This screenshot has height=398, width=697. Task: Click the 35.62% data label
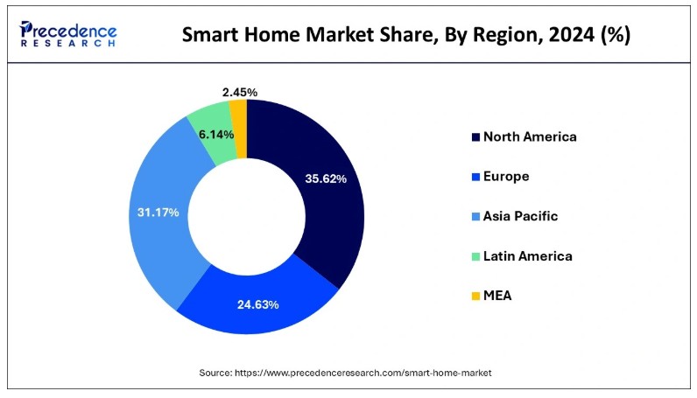[x=324, y=178]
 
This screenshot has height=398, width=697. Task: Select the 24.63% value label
[x=257, y=304]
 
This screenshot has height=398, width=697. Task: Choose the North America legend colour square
[x=475, y=136]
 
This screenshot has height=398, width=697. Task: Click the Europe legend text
[x=506, y=176]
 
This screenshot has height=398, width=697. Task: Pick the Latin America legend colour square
[x=475, y=256]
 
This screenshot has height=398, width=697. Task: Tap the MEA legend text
[x=497, y=296]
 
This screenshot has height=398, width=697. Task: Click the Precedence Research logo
[x=68, y=35]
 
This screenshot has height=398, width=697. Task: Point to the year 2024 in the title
[x=574, y=36]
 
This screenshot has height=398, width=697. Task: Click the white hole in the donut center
[x=248, y=216]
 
